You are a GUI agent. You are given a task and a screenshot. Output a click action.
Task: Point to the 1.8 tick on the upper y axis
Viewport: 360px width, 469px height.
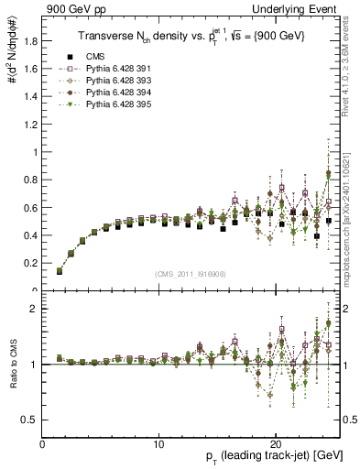29,41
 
